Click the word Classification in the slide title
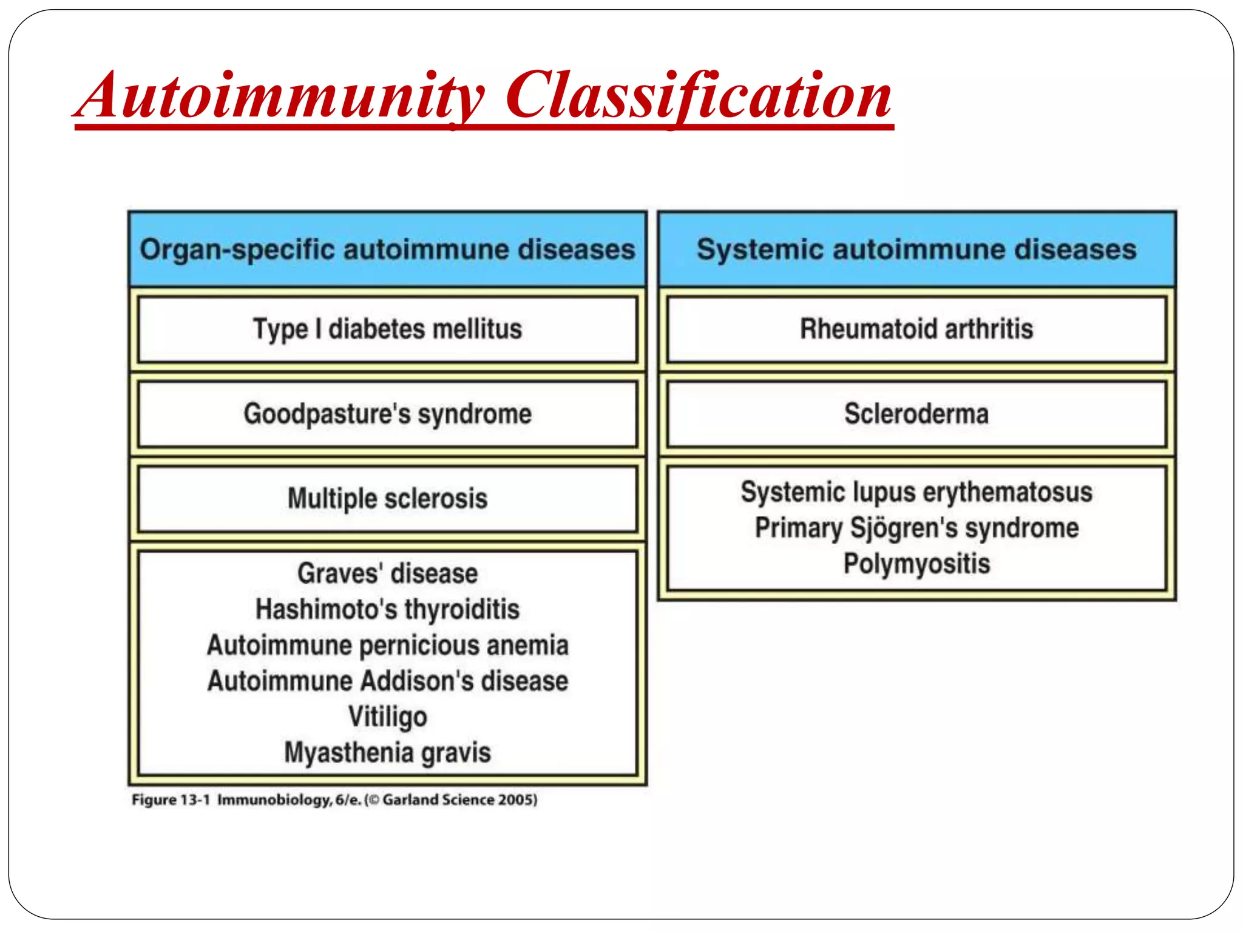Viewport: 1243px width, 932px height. point(698,97)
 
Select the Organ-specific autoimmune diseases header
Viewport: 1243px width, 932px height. point(387,250)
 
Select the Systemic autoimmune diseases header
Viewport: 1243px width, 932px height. point(916,250)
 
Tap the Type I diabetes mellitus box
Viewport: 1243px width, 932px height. point(387,329)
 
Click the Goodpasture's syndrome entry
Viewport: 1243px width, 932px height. point(387,414)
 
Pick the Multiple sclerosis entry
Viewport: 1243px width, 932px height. point(387,499)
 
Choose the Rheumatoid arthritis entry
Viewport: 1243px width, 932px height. point(916,329)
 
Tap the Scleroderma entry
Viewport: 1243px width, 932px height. point(916,414)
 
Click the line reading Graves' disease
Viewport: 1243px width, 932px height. point(387,573)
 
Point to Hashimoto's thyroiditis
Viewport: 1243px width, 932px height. point(387,609)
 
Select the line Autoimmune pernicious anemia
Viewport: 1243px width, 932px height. point(387,645)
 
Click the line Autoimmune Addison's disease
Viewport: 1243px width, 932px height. point(387,681)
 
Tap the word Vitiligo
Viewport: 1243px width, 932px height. point(387,717)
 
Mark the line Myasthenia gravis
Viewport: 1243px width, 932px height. point(387,752)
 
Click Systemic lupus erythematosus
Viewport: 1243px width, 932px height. point(916,492)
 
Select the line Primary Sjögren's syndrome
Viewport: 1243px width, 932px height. point(916,528)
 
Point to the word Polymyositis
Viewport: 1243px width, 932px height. point(916,564)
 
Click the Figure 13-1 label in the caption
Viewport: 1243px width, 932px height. point(171,800)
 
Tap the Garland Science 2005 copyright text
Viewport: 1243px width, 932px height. point(459,800)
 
